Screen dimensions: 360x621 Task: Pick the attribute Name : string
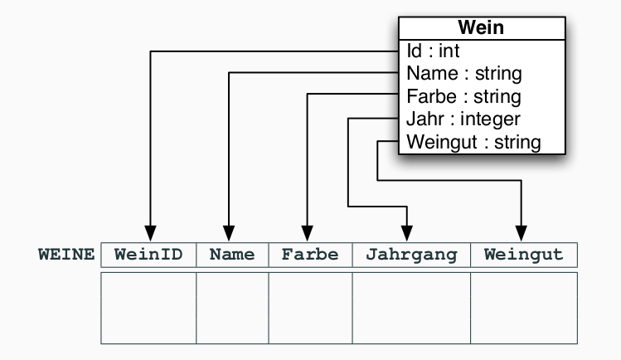(460, 74)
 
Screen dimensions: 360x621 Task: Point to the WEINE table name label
(67, 254)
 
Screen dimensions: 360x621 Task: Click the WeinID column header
(148, 254)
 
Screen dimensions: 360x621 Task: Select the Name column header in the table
(232, 254)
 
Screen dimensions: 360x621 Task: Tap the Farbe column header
(310, 254)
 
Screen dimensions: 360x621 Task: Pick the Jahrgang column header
(411, 254)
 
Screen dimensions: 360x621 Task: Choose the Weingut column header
(523, 254)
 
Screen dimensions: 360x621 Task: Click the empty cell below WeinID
(148, 307)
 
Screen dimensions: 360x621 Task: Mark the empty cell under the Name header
(232, 307)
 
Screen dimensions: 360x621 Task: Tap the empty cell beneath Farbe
(310, 307)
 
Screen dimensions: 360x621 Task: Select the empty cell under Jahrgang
(411, 307)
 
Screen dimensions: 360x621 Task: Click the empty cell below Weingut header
(523, 307)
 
